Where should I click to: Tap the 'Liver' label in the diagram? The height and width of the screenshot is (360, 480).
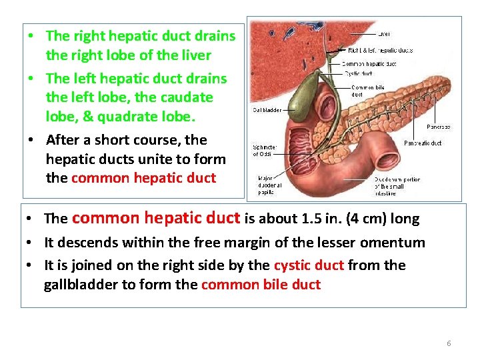click(x=384, y=33)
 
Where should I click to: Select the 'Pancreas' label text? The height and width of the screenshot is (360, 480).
click(x=438, y=127)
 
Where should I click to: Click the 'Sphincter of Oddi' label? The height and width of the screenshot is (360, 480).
click(x=265, y=151)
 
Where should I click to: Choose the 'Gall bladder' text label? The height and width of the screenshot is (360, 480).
click(x=267, y=110)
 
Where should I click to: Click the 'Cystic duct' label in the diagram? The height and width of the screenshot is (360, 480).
click(x=358, y=73)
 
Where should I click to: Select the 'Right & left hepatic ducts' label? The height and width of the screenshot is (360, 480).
click(x=380, y=50)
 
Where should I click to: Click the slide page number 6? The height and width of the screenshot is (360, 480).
click(x=449, y=343)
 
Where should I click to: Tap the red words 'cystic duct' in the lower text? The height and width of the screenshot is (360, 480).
click(x=309, y=265)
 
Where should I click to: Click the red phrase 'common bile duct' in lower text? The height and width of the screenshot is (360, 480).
click(x=261, y=285)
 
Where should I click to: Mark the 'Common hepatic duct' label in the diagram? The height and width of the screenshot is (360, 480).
click(x=370, y=63)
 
